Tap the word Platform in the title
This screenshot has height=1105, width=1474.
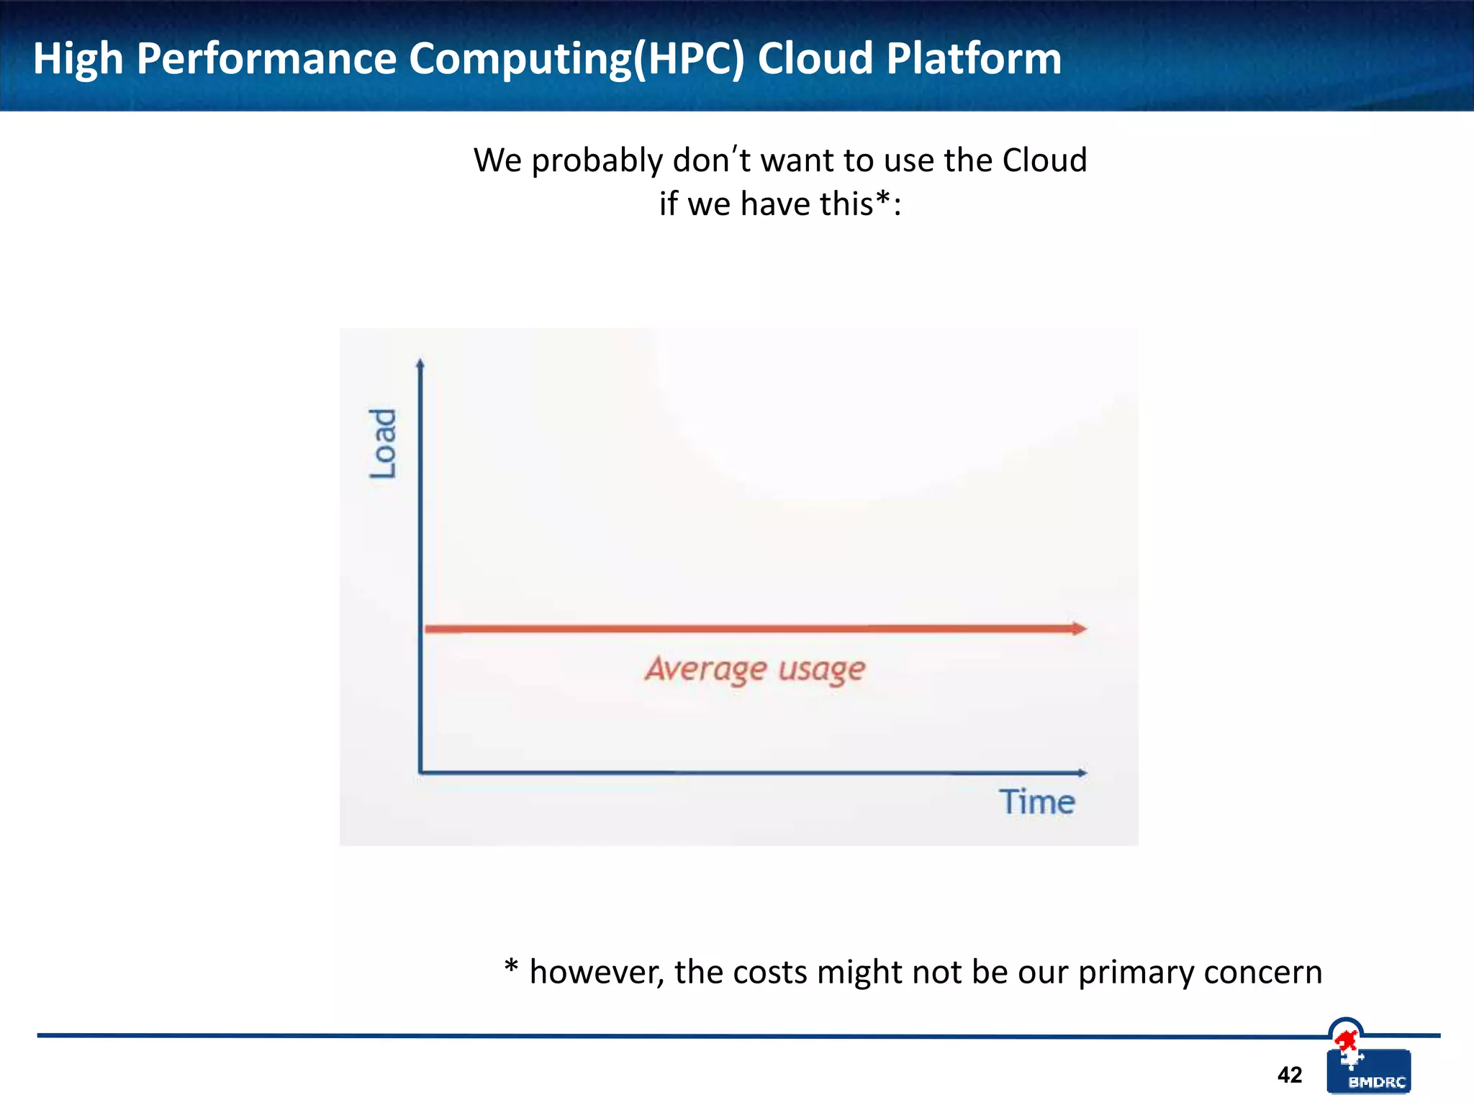(974, 58)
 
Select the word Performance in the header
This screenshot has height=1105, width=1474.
(266, 58)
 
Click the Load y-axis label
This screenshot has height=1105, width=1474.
(383, 443)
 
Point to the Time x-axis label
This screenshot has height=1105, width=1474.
(1036, 801)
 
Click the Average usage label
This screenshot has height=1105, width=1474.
(754, 670)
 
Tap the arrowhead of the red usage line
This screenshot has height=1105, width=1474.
(1079, 629)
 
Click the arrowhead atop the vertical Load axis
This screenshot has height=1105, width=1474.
(420, 364)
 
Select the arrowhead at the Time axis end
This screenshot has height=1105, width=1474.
(1082, 773)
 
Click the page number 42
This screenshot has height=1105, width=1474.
(1289, 1075)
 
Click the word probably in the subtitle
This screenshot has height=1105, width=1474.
(597, 161)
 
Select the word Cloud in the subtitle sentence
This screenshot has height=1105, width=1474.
(1044, 160)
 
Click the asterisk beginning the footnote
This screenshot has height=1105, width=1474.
(511, 966)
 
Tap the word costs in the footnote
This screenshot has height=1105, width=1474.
(770, 973)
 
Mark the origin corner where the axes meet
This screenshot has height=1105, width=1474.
(420, 773)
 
